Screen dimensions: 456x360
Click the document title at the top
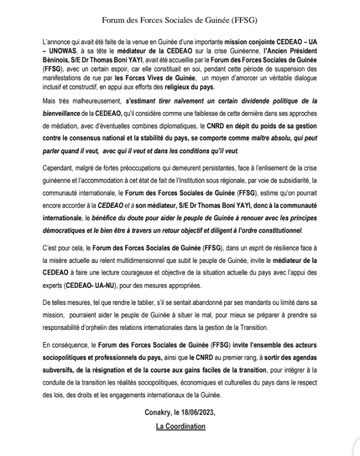(180, 20)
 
